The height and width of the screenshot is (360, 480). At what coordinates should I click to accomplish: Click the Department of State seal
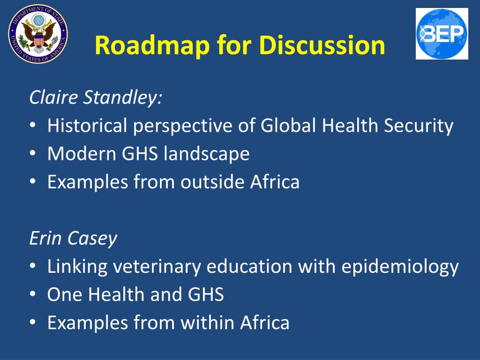38,34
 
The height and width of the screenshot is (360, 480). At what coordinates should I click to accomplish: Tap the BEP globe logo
442,34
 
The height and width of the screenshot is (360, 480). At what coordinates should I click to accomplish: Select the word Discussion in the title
322,45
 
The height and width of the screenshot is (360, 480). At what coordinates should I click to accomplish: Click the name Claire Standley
96,98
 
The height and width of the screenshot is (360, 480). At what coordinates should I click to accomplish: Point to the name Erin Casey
73,239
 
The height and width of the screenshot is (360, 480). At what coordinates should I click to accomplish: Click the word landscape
207,154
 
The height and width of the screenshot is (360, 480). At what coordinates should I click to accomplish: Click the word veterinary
155,266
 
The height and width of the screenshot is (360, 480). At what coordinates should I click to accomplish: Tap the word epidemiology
400,266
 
